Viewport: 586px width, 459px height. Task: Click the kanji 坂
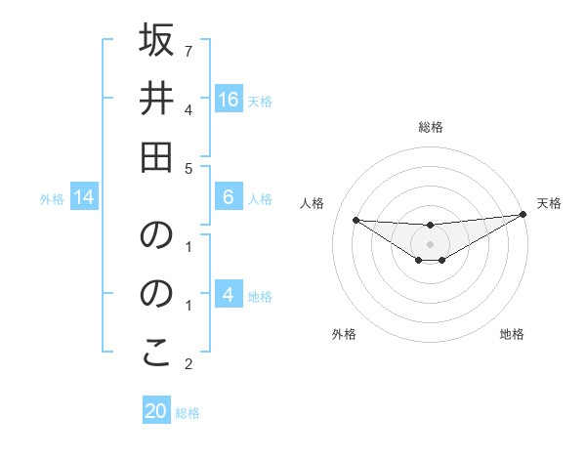pos(156,42)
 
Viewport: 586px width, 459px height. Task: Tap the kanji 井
pos(156,99)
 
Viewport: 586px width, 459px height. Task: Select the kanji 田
pos(156,155)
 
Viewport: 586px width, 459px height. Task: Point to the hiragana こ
pos(156,355)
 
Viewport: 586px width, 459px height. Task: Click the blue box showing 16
pos(228,100)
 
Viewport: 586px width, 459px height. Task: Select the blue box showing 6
pos(228,197)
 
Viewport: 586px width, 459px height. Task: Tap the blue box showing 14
pos(84,198)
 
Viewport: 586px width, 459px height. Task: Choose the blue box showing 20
pos(156,411)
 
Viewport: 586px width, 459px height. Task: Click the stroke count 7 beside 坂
pos(188,50)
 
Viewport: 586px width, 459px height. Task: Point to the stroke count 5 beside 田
pos(188,168)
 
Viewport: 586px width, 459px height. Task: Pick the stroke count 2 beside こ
pos(188,365)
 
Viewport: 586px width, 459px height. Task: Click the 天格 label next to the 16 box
pos(260,101)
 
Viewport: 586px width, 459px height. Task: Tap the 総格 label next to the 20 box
pos(188,413)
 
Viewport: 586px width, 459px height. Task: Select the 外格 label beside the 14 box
pos(52,199)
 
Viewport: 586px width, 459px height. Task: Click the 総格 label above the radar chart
pos(430,127)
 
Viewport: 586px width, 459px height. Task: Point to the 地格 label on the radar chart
pos(512,334)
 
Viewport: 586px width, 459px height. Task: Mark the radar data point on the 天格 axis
pos(523,214)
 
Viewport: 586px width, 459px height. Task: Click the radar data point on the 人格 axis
pos(356,220)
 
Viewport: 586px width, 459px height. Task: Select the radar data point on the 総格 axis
pos(430,226)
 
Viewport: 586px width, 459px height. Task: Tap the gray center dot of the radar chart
pos(430,243)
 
